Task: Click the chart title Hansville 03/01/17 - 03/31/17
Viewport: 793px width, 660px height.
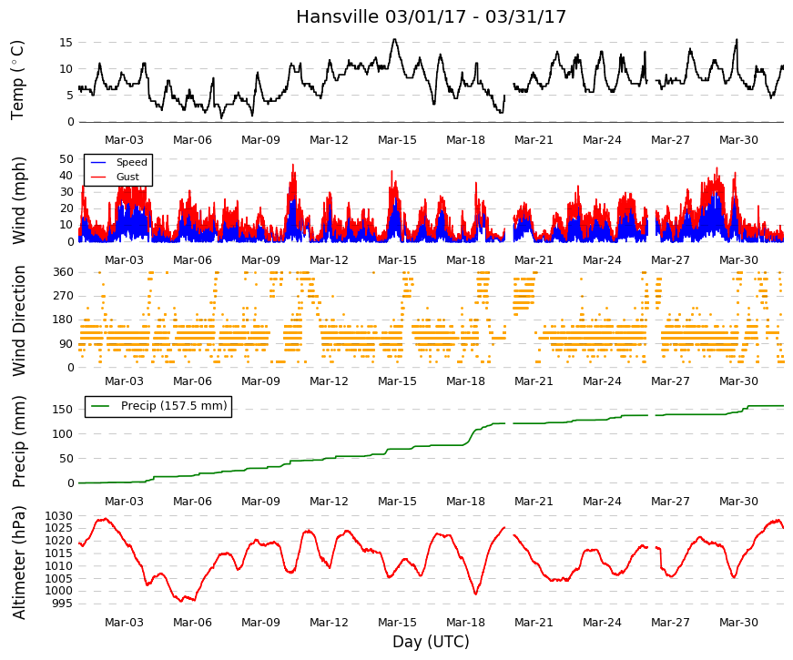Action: [x=431, y=16]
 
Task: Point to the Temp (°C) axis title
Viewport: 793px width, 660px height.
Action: [x=17, y=80]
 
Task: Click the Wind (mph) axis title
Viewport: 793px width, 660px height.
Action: [x=19, y=200]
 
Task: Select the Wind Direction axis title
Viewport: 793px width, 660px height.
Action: [x=19, y=321]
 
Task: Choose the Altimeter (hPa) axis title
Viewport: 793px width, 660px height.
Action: [x=19, y=563]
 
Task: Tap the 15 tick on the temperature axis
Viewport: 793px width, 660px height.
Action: [x=66, y=43]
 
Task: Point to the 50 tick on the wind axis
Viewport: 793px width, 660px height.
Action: [x=66, y=158]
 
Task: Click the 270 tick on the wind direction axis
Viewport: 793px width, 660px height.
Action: [x=63, y=296]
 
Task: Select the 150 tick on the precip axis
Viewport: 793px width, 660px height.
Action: [x=63, y=409]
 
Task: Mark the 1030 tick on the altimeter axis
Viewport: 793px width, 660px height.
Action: [x=58, y=516]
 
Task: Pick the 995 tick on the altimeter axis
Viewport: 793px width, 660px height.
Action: [x=63, y=604]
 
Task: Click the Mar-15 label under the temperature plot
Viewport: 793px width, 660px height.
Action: [x=397, y=140]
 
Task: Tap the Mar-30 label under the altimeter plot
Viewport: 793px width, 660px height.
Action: [x=738, y=623]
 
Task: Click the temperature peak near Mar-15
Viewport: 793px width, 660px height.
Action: [x=394, y=39]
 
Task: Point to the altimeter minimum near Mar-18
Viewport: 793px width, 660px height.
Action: [x=475, y=594]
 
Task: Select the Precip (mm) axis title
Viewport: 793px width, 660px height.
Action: [x=19, y=442]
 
